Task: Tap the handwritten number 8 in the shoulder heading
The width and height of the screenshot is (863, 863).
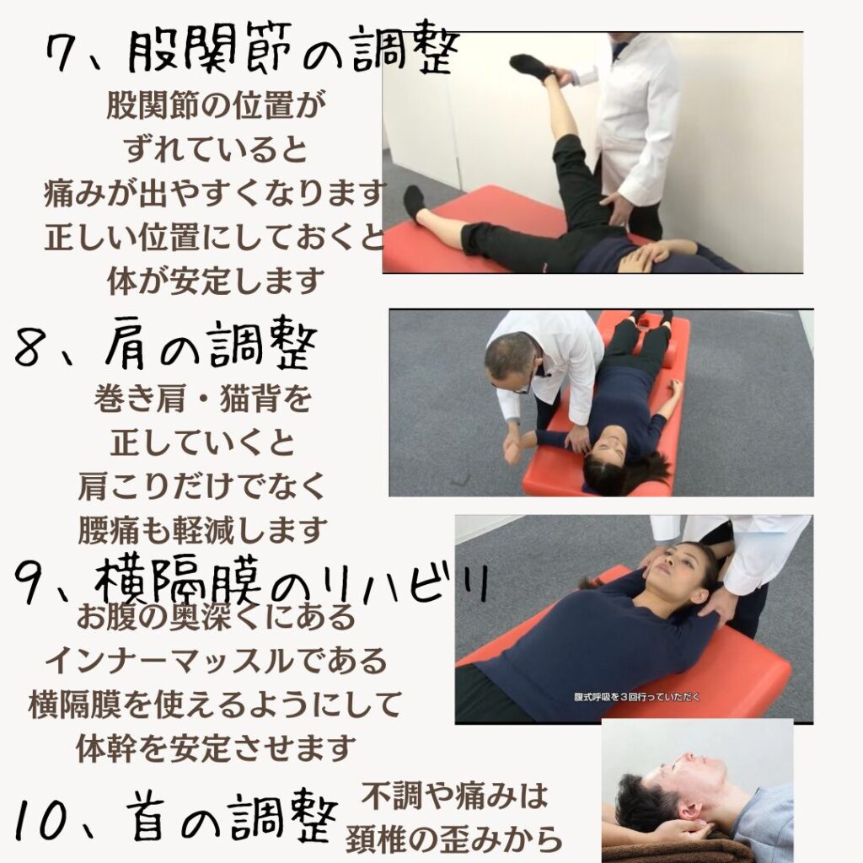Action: pos(31,347)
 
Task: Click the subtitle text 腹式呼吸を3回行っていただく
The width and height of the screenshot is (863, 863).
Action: pos(637,697)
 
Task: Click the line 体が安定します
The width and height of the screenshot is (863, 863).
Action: pos(215,281)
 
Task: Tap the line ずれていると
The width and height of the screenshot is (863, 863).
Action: pos(215,148)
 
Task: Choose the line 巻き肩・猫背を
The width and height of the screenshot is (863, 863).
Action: pos(203,399)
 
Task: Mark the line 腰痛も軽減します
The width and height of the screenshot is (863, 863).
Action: pos(203,529)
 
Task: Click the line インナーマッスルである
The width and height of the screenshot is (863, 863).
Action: pos(216,661)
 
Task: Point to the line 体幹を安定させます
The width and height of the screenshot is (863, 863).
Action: pos(216,748)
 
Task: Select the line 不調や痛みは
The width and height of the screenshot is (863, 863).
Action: pos(454,796)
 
